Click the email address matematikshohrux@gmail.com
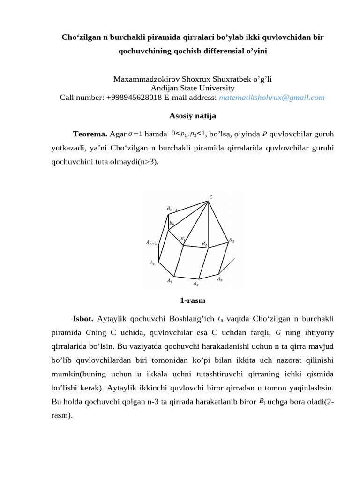(x=272, y=97)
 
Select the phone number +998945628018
(x=134, y=97)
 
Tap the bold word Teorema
(x=90, y=134)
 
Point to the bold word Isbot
(x=83, y=319)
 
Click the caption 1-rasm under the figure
(x=193, y=300)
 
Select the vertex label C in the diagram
(x=210, y=197)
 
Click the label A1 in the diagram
(x=170, y=281)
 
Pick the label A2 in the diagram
(x=195, y=284)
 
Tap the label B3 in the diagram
(x=232, y=240)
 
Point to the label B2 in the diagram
(x=204, y=243)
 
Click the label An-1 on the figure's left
(x=151, y=243)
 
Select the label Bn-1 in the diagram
(x=172, y=208)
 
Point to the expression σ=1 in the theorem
(x=135, y=134)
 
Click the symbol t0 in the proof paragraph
(x=221, y=319)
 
